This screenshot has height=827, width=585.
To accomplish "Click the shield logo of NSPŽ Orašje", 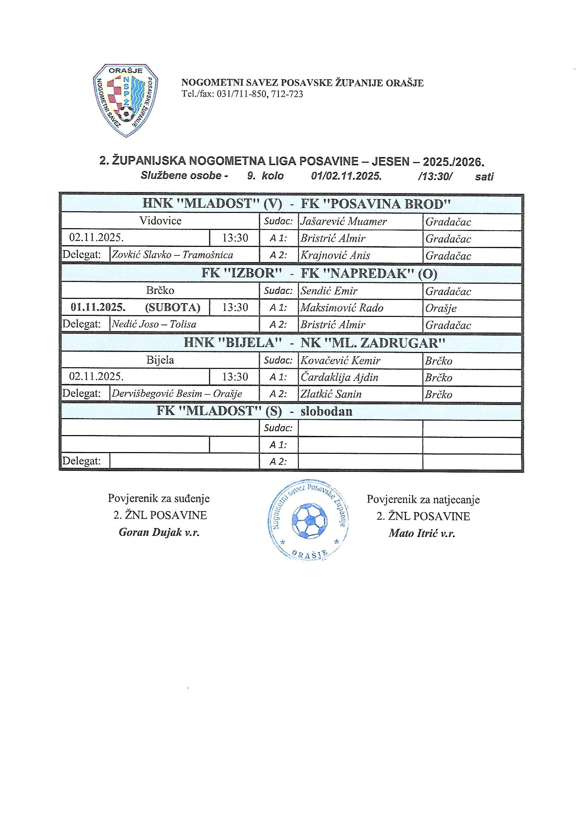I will (x=125, y=100).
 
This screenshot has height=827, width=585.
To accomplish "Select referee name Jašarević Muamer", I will (x=343, y=221).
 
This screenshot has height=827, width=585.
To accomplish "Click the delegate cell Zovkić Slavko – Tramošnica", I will (x=172, y=255).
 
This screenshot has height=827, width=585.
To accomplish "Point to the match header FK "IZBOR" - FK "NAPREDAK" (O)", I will (x=319, y=273).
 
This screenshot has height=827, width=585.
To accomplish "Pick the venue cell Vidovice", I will (x=160, y=220).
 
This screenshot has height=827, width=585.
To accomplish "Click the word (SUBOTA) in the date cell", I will (x=172, y=307).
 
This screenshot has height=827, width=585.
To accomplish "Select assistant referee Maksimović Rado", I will (x=342, y=308).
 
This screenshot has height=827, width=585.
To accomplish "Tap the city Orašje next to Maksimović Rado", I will (x=441, y=308).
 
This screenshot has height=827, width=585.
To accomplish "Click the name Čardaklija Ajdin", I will (x=339, y=377).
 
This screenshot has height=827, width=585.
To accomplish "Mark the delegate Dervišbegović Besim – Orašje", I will (x=176, y=394).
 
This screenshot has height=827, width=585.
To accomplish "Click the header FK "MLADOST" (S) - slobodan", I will (x=254, y=411).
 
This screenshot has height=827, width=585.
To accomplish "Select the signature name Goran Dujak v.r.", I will (x=159, y=533).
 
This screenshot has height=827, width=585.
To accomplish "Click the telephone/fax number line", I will (x=242, y=94).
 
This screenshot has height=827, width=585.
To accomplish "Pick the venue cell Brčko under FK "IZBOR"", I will (x=160, y=290).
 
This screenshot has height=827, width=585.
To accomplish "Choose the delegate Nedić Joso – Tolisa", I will (x=154, y=324).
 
